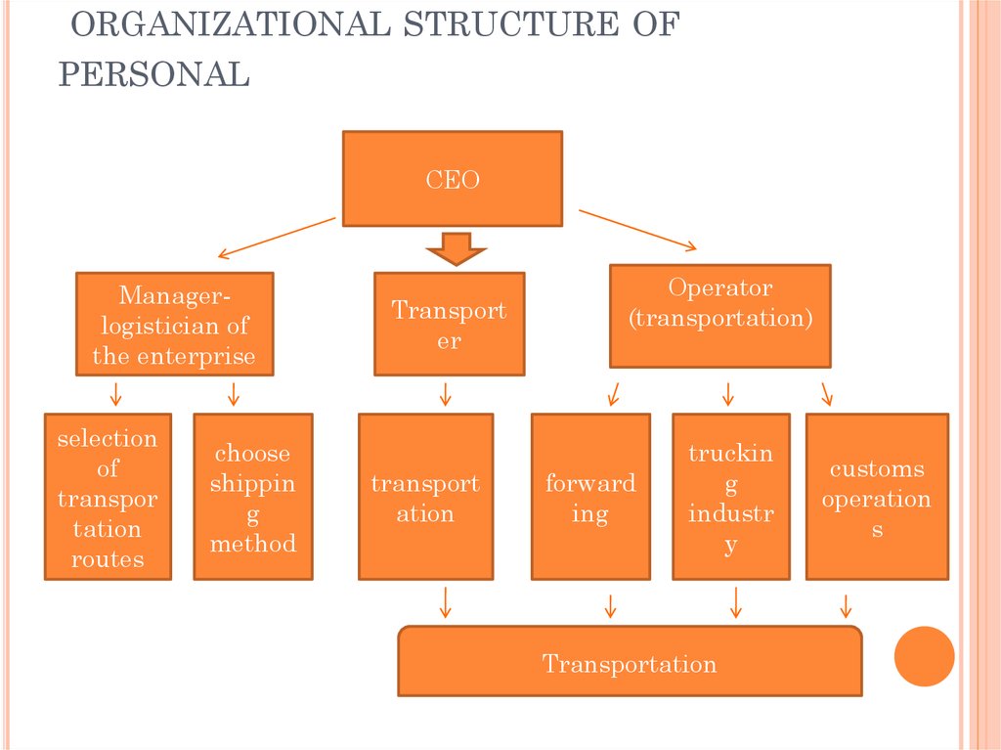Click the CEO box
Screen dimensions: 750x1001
[452, 179]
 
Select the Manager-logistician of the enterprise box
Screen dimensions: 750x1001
[174, 324]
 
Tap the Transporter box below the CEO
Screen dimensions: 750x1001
[449, 324]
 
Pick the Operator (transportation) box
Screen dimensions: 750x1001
[719, 315]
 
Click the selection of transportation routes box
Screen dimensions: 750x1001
[108, 497]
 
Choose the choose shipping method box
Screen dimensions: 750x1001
[252, 497]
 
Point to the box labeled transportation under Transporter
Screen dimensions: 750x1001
[425, 497]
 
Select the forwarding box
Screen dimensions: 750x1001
[590, 497]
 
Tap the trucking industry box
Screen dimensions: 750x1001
[730, 497]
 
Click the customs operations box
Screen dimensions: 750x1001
[876, 497]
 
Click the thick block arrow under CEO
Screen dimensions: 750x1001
[456, 248]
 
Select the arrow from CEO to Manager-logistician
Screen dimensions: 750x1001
[277, 238]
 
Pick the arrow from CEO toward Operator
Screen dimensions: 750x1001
[638, 229]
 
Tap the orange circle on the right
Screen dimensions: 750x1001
[924, 655]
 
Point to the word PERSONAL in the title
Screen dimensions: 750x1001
[153, 74]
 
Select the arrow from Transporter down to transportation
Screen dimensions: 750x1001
[446, 394]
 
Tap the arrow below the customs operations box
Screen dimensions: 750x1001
[845, 604]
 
